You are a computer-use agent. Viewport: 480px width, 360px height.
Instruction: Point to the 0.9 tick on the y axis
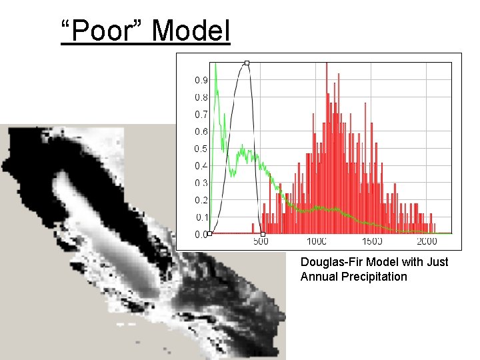point(201,80)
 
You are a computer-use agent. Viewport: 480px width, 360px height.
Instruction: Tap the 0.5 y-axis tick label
point(201,149)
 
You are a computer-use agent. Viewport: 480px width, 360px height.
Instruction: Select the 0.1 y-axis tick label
point(201,217)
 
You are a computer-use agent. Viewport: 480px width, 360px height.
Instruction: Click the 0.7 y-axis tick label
point(201,115)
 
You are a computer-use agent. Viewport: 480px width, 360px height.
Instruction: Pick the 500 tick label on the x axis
point(261,241)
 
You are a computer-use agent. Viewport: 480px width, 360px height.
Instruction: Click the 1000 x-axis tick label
point(317,241)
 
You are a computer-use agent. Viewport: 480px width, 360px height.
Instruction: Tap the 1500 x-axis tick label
point(372,241)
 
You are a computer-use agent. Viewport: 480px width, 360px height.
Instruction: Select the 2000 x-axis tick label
point(427,241)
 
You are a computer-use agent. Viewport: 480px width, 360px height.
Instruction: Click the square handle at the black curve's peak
point(247,63)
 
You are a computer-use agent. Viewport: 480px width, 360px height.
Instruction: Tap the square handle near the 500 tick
point(263,234)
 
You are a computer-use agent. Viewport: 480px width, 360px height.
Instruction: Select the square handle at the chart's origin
point(209,234)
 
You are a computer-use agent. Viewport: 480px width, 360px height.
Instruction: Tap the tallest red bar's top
point(327,63)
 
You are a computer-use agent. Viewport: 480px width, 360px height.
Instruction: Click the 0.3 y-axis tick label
point(201,183)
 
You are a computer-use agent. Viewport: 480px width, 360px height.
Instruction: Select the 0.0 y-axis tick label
point(201,235)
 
